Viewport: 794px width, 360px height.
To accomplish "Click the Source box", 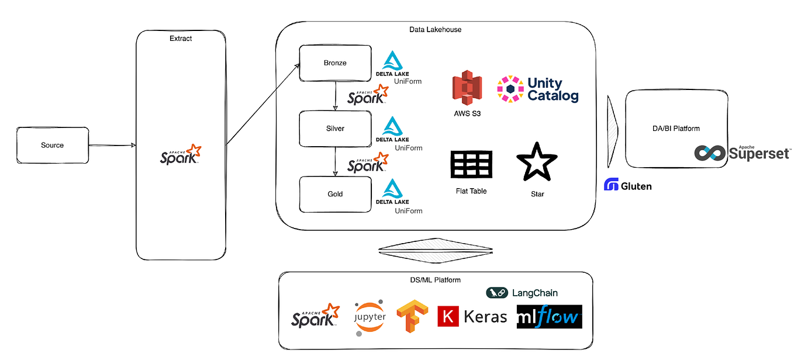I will point(52,146).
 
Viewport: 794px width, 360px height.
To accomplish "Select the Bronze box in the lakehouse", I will point(335,63).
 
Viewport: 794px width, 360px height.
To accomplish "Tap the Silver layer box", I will point(335,129).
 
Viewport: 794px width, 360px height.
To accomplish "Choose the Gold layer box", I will point(335,194).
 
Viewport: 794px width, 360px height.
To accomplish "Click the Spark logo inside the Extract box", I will point(181,155).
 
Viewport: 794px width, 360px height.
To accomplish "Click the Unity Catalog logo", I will point(538,89).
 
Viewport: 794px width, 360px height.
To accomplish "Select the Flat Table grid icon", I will point(471,165).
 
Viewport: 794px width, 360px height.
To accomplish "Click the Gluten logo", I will point(627,186).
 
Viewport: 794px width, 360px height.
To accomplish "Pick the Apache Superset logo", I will point(742,153).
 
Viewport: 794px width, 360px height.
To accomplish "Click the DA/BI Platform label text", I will point(676,129).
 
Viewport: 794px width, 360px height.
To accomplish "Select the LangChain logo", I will point(522,293).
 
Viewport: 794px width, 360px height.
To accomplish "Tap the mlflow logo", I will point(549,317).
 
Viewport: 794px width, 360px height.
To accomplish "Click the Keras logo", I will point(472,317).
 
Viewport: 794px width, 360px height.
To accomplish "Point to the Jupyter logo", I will point(370,317).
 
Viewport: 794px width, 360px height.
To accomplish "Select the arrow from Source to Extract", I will point(112,146).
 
